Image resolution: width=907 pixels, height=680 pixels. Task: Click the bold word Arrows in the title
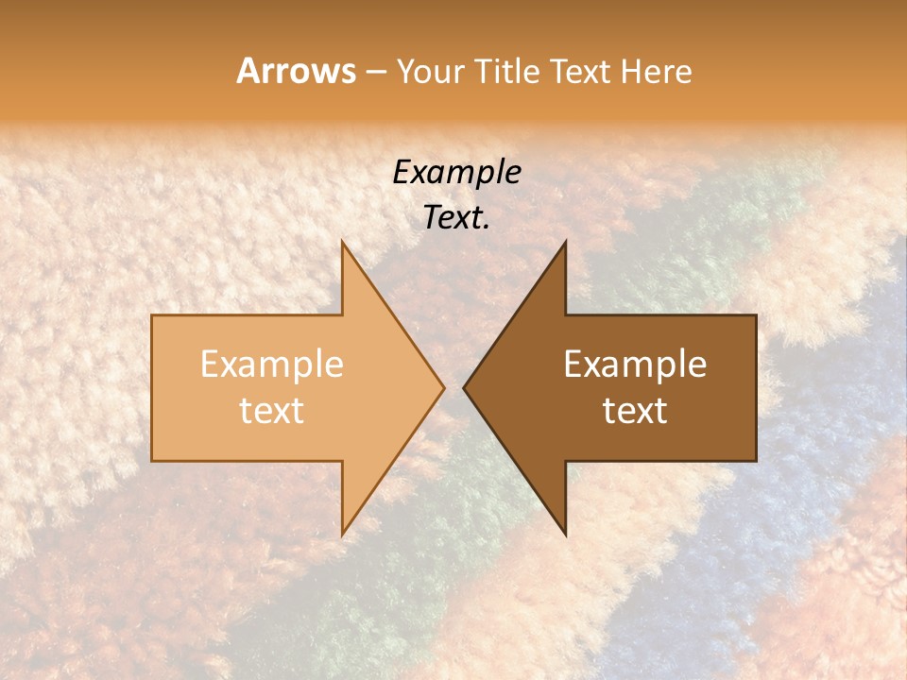296,71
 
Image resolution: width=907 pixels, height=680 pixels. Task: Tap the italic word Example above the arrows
456,172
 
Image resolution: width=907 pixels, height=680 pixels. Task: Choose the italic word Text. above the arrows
456,217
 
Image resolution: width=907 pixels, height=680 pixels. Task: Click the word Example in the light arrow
271,364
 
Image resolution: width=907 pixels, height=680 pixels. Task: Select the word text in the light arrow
271,410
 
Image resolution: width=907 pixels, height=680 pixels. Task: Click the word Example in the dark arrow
635,364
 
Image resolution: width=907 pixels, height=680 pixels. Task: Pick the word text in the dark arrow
635,410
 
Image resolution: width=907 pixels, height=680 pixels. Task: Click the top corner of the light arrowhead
342,241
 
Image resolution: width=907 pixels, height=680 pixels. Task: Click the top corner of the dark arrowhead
566,241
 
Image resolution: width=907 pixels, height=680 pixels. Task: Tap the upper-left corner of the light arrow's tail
152,315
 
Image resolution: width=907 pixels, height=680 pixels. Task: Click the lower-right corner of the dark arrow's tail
756,461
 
